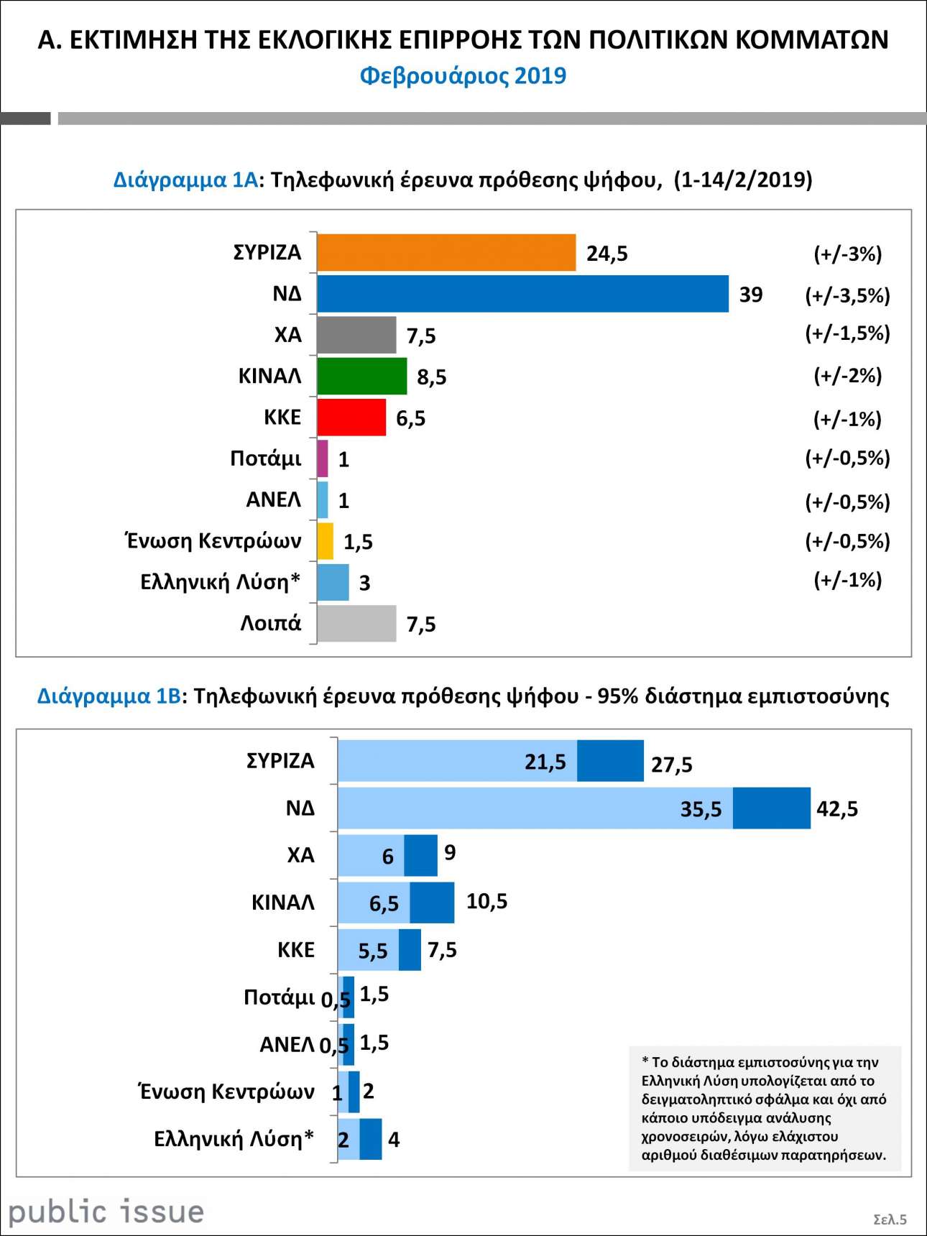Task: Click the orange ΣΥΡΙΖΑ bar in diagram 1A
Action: pos(446,253)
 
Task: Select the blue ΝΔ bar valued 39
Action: pos(522,294)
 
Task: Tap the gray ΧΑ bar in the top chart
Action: pos(356,335)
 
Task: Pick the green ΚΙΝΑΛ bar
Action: pos(361,376)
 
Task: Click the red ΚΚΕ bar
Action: pos(351,418)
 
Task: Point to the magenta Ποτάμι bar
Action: pos(323,458)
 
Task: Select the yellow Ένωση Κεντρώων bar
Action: pos(326,541)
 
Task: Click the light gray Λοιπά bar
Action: pos(356,624)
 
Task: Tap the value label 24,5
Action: pos(607,254)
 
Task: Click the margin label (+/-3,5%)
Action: pos(847,295)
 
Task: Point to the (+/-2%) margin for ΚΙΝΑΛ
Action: pos(847,376)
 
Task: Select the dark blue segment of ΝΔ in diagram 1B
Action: pos(772,808)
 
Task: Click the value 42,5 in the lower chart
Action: pos(837,809)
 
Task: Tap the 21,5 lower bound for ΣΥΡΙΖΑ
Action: pos(545,762)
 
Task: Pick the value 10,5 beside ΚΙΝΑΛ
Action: pos(486,901)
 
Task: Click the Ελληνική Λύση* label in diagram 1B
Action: pos(234,1139)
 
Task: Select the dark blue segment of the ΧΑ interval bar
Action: pos(421,855)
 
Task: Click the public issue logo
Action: pos(106,1212)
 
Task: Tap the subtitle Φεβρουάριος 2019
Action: pos(463,75)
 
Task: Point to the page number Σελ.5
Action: pos(890,1219)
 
